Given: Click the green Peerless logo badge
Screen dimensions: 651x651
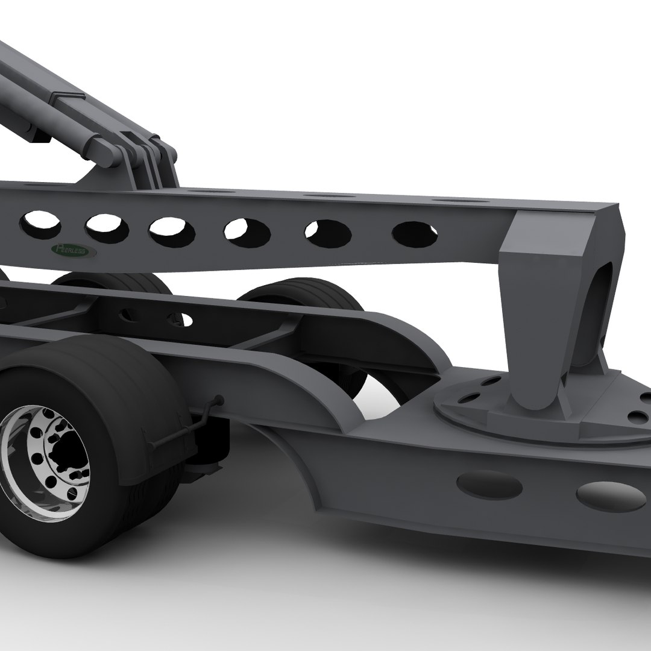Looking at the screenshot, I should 71,249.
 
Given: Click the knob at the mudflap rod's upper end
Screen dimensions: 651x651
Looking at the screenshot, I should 219,400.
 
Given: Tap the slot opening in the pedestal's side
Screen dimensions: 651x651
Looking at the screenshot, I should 594,313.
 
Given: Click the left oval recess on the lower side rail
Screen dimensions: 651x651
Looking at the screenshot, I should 489,485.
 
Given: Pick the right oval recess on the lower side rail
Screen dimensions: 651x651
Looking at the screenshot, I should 610,495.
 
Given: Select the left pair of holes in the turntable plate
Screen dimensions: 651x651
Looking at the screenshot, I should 476,389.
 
